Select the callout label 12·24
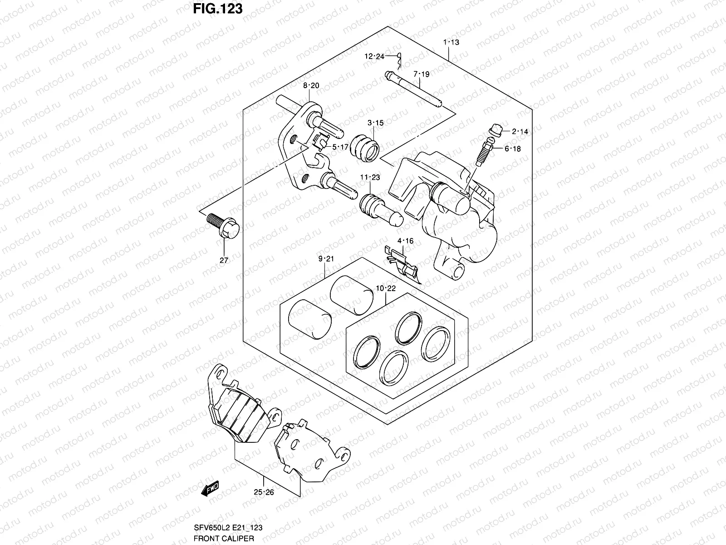[x=374, y=57]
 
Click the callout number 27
[x=224, y=260]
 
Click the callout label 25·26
[x=264, y=492]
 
